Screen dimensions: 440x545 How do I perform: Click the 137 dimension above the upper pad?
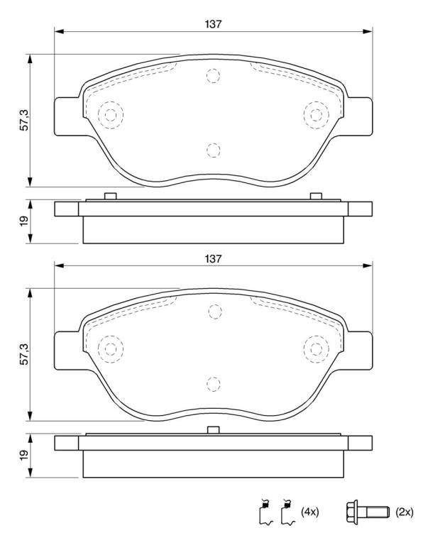(x=213, y=24)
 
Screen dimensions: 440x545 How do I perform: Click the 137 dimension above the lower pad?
(x=213, y=258)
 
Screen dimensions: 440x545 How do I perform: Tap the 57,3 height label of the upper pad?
(x=24, y=120)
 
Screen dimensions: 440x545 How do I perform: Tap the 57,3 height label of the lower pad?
(x=24, y=354)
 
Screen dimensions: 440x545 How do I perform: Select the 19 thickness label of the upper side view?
(x=24, y=221)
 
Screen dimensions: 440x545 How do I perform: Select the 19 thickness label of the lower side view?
(x=24, y=456)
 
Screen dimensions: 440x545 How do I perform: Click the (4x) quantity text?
(x=309, y=512)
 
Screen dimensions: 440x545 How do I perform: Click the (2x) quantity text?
(x=404, y=512)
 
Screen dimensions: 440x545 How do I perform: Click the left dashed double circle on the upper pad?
(x=111, y=115)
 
